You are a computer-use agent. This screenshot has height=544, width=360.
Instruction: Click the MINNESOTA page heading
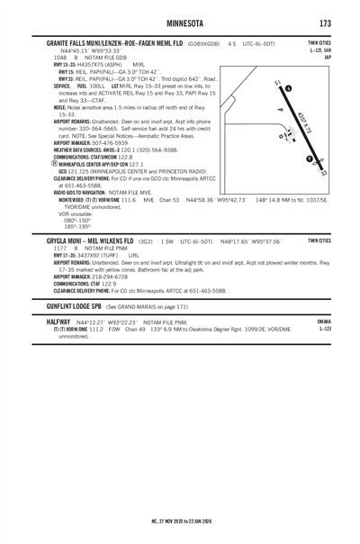click(x=180, y=23)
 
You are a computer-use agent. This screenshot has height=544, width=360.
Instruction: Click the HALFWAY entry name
click(x=58, y=321)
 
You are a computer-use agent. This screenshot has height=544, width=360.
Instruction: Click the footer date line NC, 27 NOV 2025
click(x=180, y=520)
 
